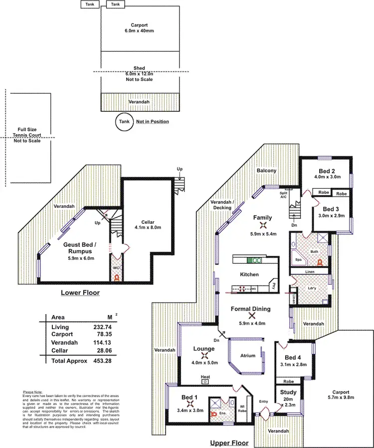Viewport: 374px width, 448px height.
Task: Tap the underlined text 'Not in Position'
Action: pyautogui.click(x=153, y=121)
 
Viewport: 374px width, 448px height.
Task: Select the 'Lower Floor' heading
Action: pyautogui.click(x=80, y=293)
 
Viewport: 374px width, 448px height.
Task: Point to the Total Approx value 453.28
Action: pyautogui.click(x=116, y=360)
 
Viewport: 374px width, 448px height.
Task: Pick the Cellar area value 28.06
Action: pyautogui.click(x=116, y=351)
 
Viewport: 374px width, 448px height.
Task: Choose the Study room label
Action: pyautogui.click(x=288, y=393)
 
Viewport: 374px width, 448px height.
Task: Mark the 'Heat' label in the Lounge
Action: pyautogui.click(x=205, y=376)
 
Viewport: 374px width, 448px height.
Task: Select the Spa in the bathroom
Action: pyautogui.click(x=299, y=260)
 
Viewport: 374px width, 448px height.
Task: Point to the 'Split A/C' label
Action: pyautogui.click(x=283, y=194)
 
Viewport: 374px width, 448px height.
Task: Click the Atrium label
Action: pyautogui.click(x=247, y=356)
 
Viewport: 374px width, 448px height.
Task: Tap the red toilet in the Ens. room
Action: pyautogui.click(x=215, y=414)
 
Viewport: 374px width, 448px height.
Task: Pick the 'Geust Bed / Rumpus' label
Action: pyautogui.click(x=80, y=248)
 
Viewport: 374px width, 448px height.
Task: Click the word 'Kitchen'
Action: pyautogui.click(x=249, y=274)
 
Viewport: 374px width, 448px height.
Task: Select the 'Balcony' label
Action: pyautogui.click(x=266, y=170)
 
